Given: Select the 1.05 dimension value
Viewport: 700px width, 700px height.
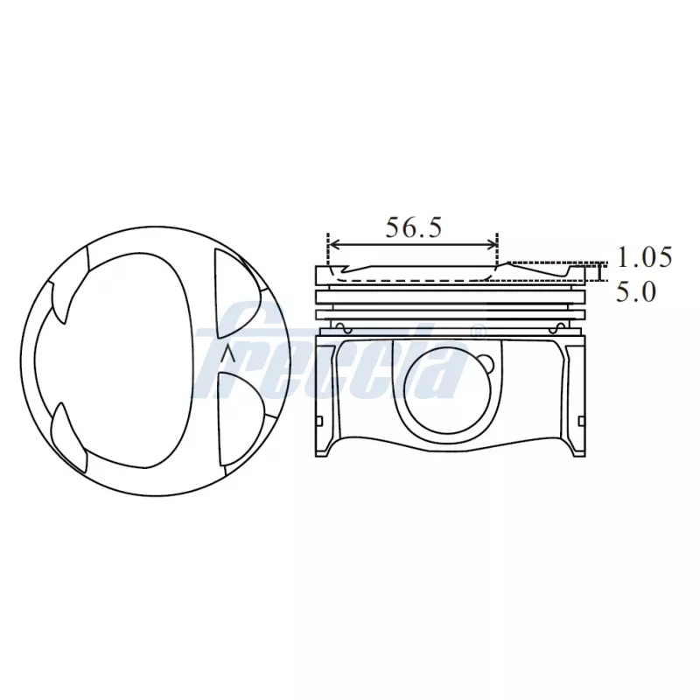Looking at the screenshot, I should pos(644,257).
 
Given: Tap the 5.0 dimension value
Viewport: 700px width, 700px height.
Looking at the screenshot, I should pos(635,291).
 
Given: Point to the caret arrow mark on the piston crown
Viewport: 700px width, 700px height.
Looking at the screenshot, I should pos(228,353).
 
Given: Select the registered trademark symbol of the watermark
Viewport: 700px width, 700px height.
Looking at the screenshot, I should pos(477,332).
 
